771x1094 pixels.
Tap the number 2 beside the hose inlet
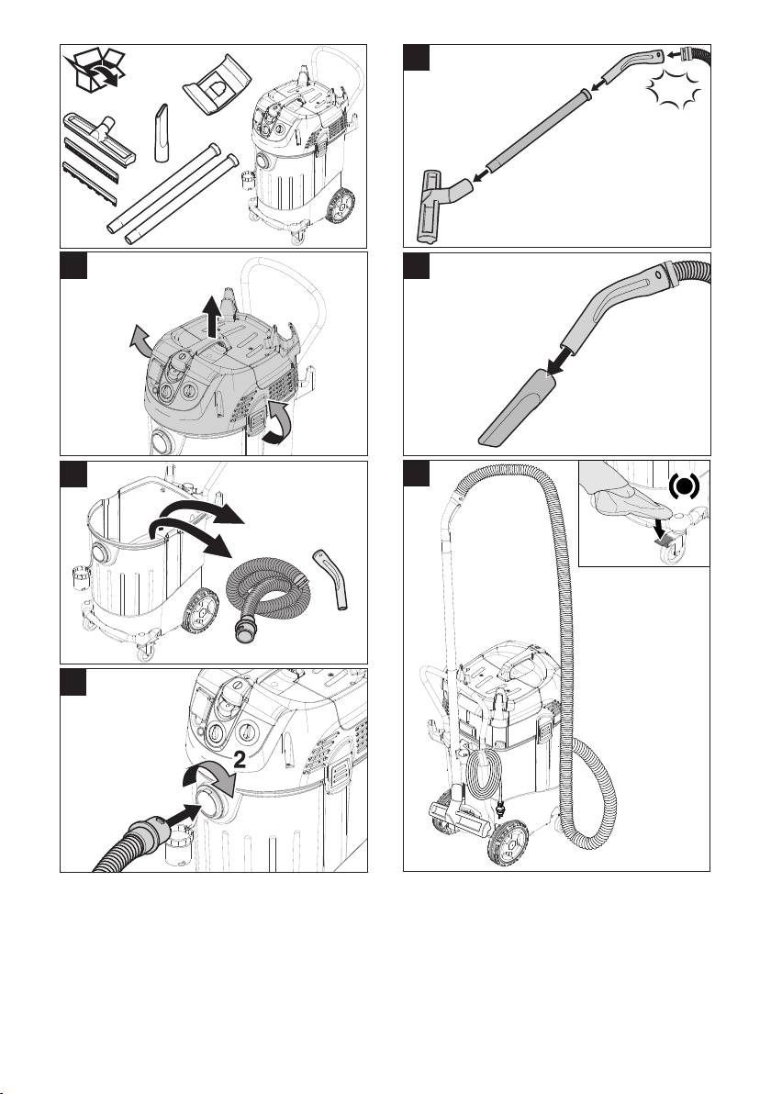[239, 761]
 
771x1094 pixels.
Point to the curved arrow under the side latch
[274, 423]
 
